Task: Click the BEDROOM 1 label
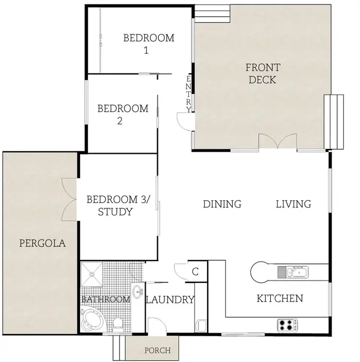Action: [x=149, y=44]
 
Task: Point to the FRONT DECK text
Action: [x=263, y=73]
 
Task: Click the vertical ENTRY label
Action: [x=189, y=94]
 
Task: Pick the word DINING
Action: [x=222, y=204]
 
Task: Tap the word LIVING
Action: [x=293, y=204]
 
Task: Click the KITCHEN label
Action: [x=280, y=299]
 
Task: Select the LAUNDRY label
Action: [x=170, y=300]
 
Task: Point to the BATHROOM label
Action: [x=106, y=300]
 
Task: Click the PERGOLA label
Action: [x=42, y=243]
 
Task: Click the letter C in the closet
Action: [x=195, y=271]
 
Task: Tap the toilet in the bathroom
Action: [x=117, y=325]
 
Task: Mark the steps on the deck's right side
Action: [x=334, y=121]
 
